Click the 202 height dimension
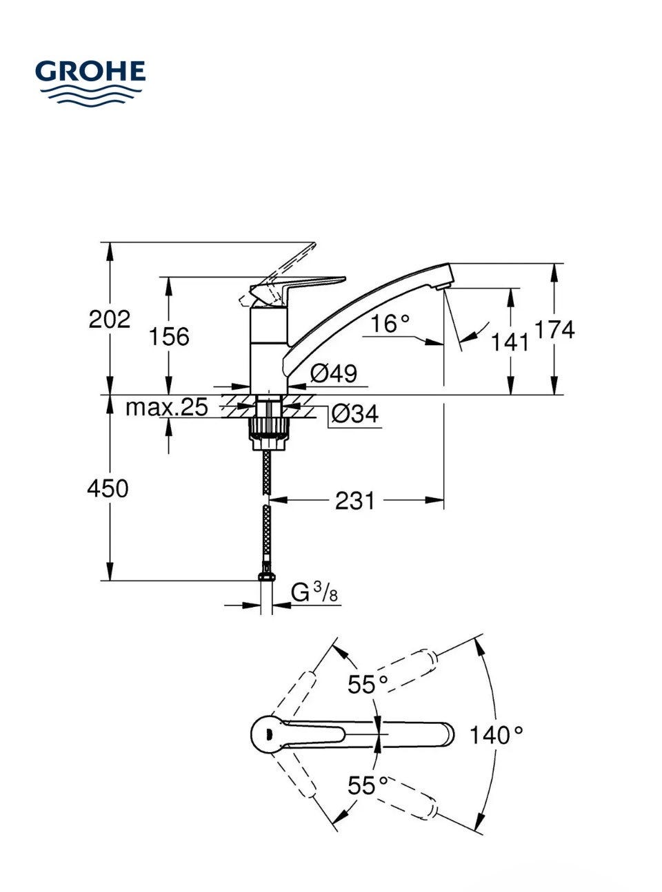[109, 320]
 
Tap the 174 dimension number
[554, 330]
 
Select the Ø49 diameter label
[334, 374]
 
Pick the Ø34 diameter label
[354, 414]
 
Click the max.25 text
[166, 408]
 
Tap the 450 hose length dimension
[108, 489]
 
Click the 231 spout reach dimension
[355, 501]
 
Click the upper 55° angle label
[368, 685]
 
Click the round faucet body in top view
[266, 734]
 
